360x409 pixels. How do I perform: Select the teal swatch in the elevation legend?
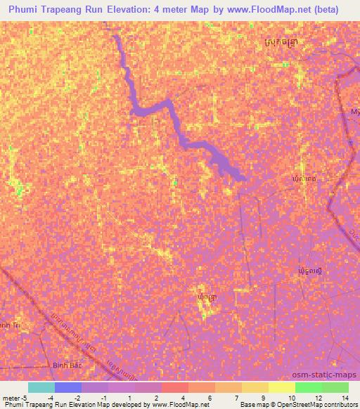tap(41, 387)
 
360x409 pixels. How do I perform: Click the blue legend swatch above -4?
tap(68, 387)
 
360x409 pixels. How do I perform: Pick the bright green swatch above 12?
tap(309, 387)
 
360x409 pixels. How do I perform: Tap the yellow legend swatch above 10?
tap(282, 387)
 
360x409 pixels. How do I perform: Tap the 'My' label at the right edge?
tap(355, 112)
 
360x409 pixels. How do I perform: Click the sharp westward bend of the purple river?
tap(135, 108)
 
